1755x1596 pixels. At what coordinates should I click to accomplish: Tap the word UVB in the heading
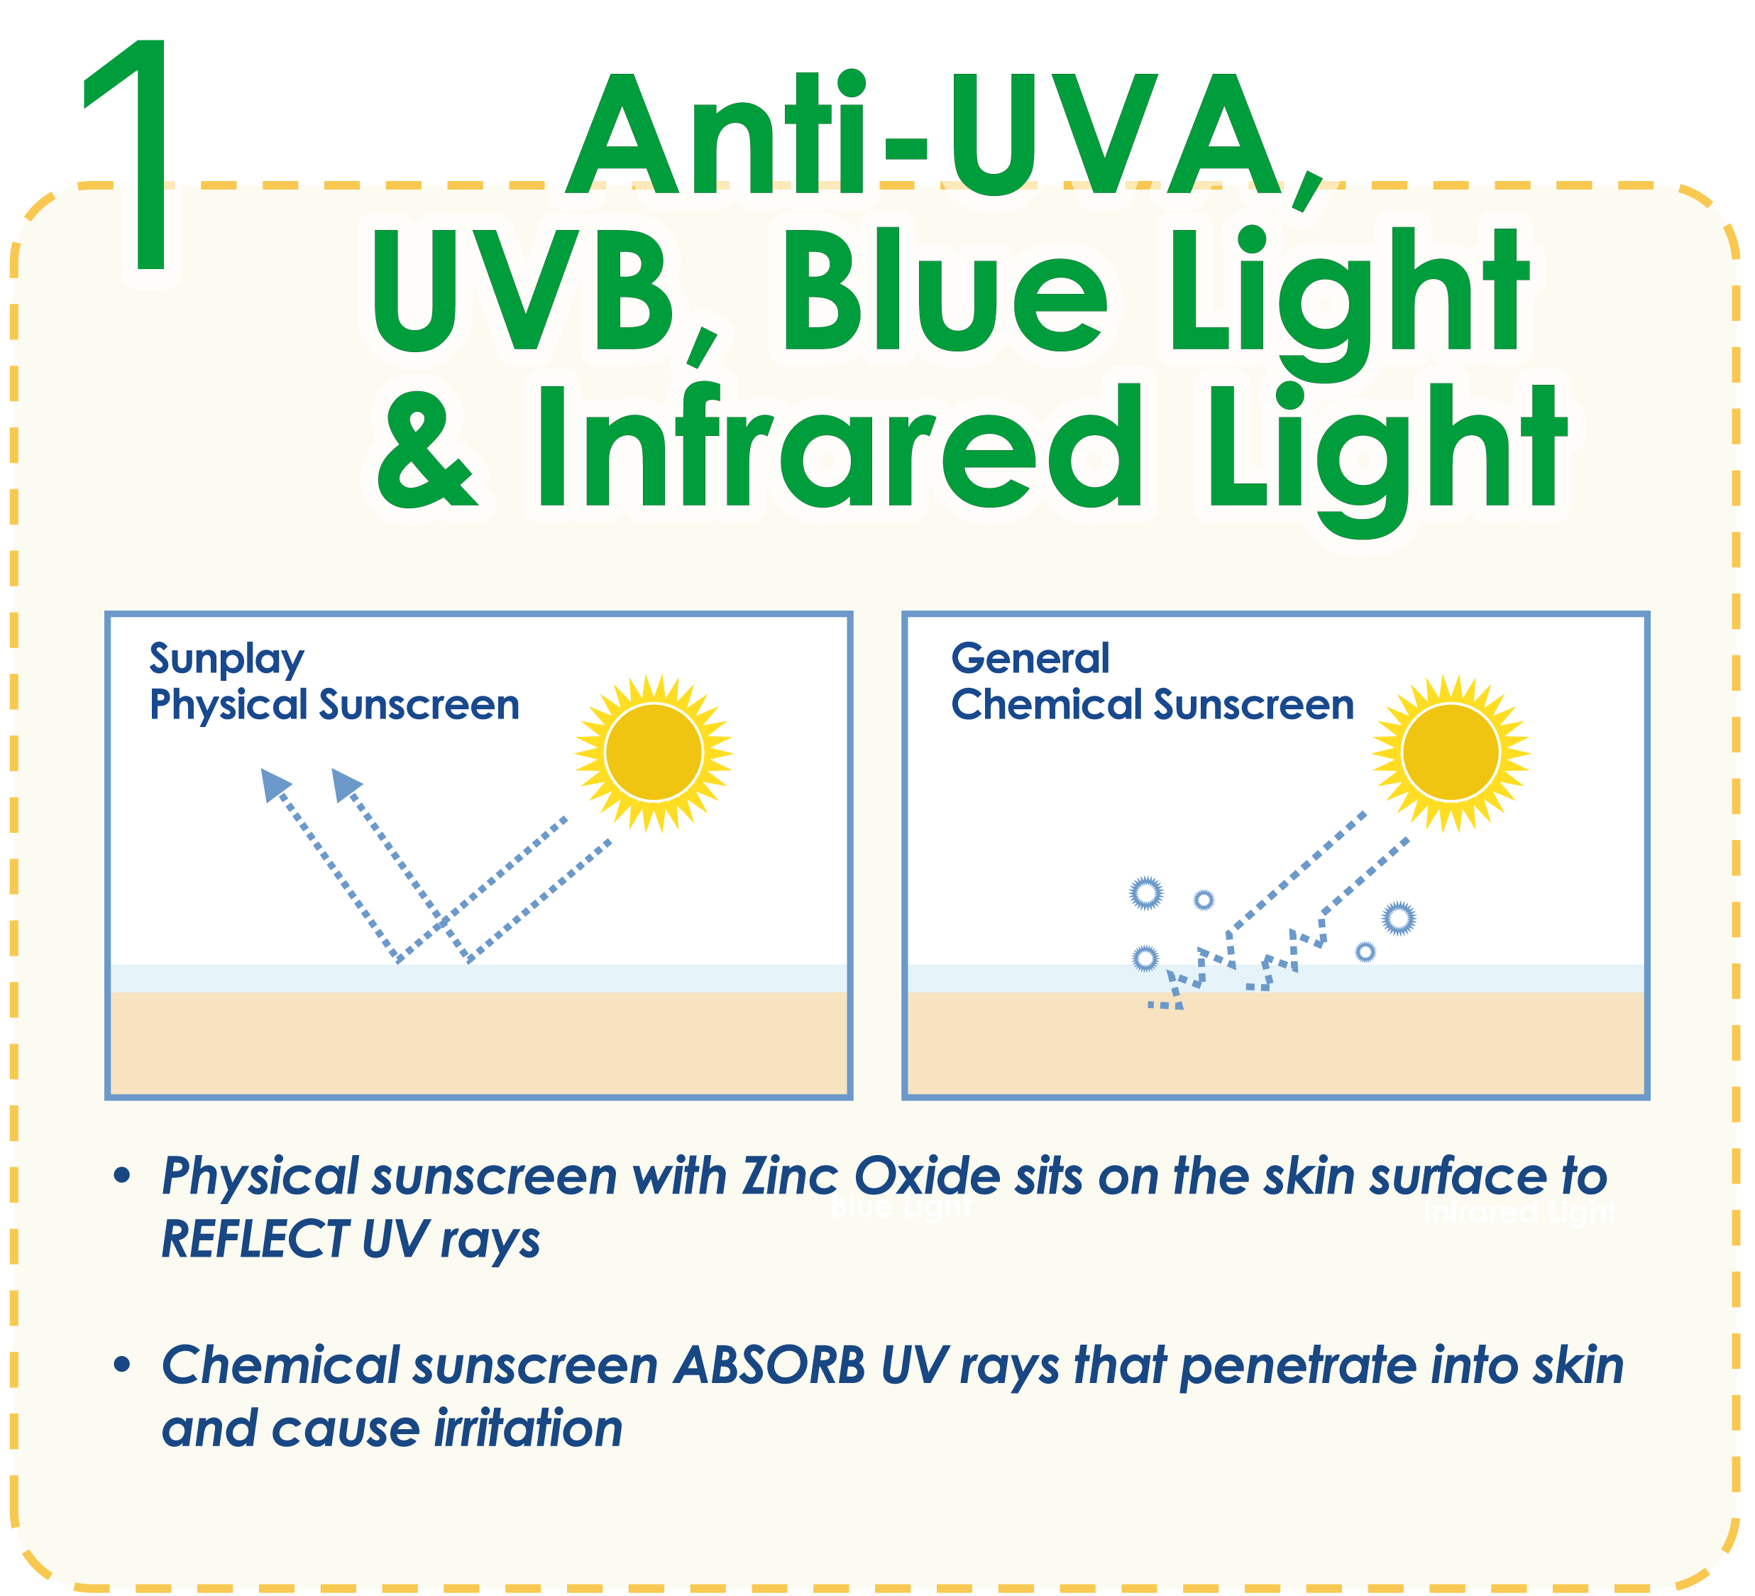[523, 290]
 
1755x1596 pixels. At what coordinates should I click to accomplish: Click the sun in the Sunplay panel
[654, 753]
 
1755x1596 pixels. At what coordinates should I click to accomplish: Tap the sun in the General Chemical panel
[1451, 753]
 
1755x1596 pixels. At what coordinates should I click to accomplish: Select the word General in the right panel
[1030, 658]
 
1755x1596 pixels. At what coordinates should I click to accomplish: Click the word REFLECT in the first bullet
[254, 1239]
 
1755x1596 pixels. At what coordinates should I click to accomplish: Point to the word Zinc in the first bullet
[791, 1176]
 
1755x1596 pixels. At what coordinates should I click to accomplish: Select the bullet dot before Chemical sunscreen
[122, 1365]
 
